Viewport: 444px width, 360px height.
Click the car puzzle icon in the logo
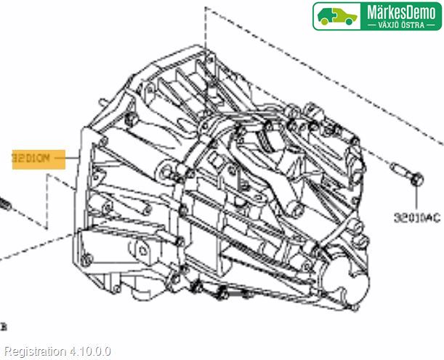[336, 16]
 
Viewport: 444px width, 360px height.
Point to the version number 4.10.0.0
[90, 351]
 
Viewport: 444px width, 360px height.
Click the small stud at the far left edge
[4, 204]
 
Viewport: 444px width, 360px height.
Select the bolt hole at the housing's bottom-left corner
[87, 262]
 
